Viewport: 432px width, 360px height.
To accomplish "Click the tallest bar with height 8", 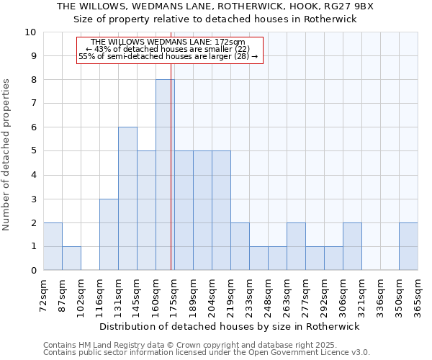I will click(x=165, y=175).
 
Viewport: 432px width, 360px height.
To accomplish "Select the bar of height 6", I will click(x=127, y=199).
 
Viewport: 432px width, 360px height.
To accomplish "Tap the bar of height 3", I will click(x=109, y=235).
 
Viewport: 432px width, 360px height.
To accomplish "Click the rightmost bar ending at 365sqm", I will click(x=408, y=246).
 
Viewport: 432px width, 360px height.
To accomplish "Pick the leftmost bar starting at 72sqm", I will click(x=53, y=246).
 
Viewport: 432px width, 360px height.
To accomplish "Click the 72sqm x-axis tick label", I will click(x=44, y=294).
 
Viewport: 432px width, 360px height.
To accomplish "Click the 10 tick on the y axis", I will click(x=30, y=32).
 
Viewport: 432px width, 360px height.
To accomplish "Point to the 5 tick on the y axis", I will click(x=33, y=151).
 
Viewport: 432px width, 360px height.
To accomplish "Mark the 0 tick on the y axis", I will click(x=33, y=271).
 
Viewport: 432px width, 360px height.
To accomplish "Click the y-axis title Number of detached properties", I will click(x=8, y=155).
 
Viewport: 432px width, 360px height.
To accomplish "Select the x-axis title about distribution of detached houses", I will click(x=230, y=326).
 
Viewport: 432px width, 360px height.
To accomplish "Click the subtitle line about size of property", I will click(x=216, y=19).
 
